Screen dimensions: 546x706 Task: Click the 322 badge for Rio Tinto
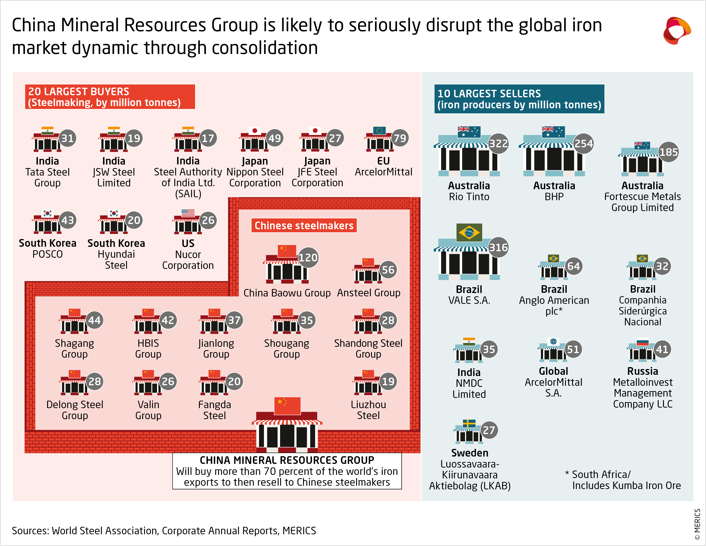(498, 143)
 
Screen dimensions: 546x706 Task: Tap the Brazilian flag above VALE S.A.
(469, 232)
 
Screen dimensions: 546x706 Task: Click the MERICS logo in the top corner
(677, 31)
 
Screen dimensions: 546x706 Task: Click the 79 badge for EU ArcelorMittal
(400, 138)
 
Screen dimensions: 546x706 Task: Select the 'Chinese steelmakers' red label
(304, 225)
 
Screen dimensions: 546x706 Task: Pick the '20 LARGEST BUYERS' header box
(110, 97)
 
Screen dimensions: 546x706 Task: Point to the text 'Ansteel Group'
(369, 293)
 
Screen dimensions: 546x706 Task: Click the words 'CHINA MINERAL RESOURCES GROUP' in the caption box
(287, 460)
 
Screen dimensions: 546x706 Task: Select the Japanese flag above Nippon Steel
(255, 131)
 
